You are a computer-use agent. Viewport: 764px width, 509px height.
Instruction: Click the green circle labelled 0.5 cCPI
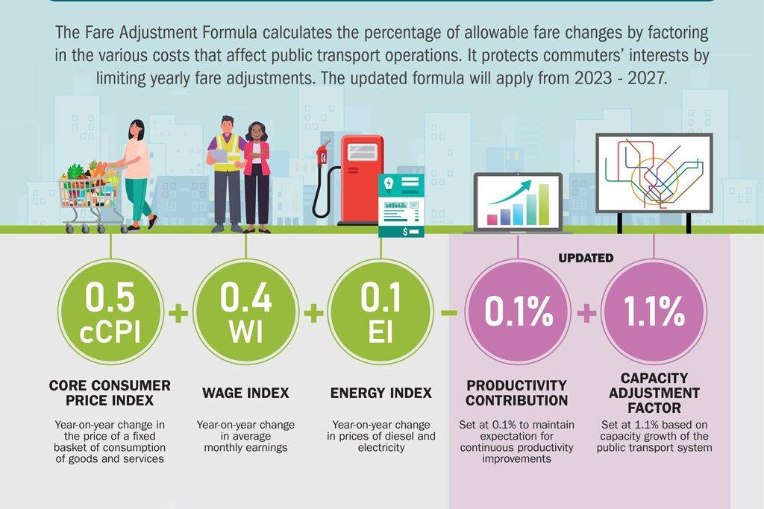110,312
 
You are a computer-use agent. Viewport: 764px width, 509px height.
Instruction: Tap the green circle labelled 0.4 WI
245,312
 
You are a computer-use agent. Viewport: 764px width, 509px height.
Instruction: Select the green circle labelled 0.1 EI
381,312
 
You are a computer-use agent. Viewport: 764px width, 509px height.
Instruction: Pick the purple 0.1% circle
518,312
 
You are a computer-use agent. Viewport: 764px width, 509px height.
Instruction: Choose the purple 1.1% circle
654,312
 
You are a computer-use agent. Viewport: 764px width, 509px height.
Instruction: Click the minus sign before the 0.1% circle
449,312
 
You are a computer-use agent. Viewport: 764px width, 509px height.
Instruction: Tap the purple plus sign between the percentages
586,313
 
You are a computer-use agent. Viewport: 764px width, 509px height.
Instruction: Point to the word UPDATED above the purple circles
586,258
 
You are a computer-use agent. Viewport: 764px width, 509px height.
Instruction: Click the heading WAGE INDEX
245,393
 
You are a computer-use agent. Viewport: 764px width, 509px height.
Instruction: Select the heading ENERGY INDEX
381,393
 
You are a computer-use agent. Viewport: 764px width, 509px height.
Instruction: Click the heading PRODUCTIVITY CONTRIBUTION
517,393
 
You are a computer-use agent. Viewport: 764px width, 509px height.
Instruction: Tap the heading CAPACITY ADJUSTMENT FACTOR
654,393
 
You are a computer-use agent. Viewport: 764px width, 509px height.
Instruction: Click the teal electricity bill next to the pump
401,205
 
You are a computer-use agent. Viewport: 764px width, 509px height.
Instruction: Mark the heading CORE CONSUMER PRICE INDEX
110,393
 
